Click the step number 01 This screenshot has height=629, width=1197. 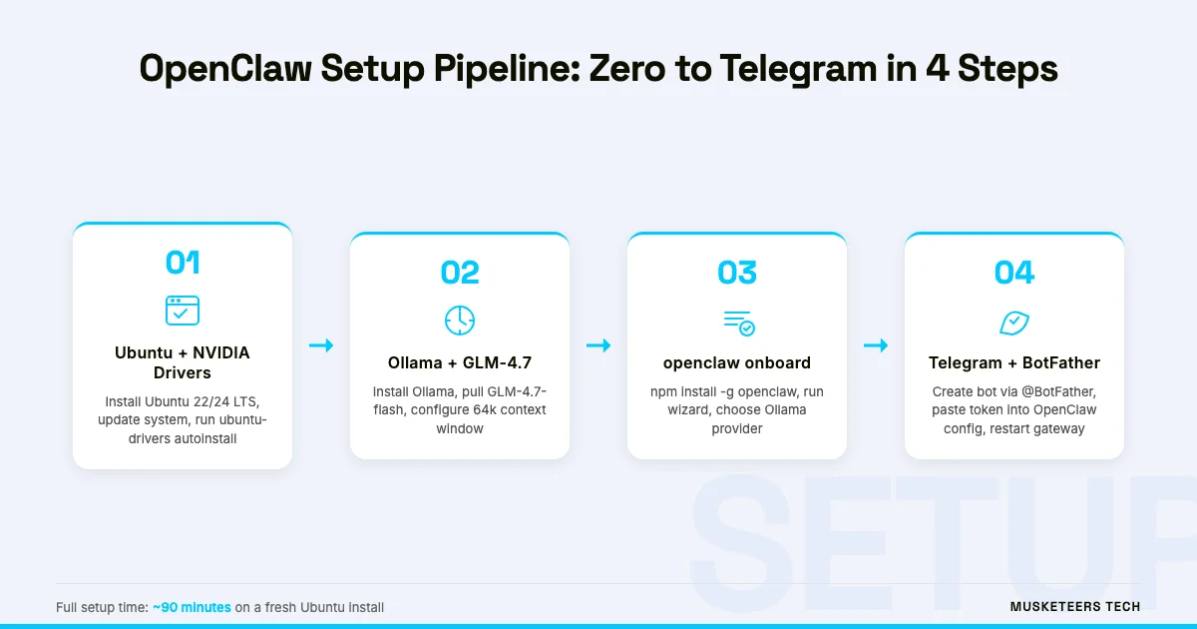coord(183,262)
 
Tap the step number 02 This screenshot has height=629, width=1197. coord(460,273)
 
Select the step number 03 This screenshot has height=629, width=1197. coord(737,273)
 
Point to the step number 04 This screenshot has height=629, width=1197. coord(1014,273)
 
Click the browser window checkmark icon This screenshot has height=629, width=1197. coord(183,311)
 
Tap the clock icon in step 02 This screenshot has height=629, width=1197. coord(460,320)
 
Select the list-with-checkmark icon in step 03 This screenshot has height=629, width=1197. coord(739,323)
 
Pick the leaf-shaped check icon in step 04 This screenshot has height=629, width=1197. coord(1014,322)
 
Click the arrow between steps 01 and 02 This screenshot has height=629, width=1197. coord(321,345)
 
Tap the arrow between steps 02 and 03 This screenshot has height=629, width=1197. coord(598,345)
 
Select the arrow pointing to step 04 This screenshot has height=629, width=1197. coord(876,345)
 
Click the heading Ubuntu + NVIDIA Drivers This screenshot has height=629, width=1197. coord(183,362)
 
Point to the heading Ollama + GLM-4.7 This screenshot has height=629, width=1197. coord(460,362)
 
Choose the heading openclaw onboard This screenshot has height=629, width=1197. coord(737,362)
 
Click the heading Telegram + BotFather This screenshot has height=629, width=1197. coord(1014,362)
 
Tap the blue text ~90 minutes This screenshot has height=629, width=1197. coord(192,608)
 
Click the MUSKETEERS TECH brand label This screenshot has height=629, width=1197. coord(1075,607)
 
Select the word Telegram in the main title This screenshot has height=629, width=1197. coord(798,69)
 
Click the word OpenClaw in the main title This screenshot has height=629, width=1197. coord(225,69)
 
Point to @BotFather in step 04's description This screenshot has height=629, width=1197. coord(1058,391)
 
